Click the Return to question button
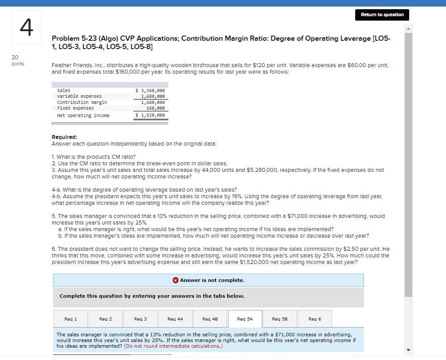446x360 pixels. click(382, 14)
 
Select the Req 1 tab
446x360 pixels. click(70, 319)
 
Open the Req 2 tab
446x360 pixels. click(105, 319)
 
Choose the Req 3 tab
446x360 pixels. click(140, 319)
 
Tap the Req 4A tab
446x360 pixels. click(175, 319)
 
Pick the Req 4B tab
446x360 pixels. click(210, 319)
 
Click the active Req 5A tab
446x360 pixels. click(245, 319)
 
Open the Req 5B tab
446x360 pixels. click(280, 319)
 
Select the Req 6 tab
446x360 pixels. click(314, 319)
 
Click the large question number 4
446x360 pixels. click(26, 27)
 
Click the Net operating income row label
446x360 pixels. click(83, 115)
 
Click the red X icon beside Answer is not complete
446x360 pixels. click(175, 280)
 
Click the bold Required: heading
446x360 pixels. click(64, 137)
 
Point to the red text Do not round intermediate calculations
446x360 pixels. click(173, 346)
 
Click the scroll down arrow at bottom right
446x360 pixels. click(408, 349)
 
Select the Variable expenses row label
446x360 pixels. click(79, 96)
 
